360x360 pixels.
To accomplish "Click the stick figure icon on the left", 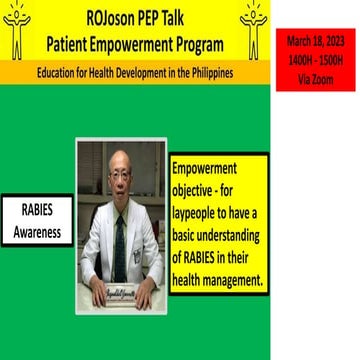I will pyautogui.click(x=17, y=29).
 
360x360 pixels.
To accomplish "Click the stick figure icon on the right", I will pyautogui.click(x=253, y=29).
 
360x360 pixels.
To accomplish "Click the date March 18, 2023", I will pyautogui.click(x=315, y=40).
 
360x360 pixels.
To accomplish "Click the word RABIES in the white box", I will pyautogui.click(x=37, y=212).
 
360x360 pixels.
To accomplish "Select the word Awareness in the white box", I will pyautogui.click(x=37, y=233).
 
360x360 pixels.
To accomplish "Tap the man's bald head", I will pyautogui.click(x=119, y=164).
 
